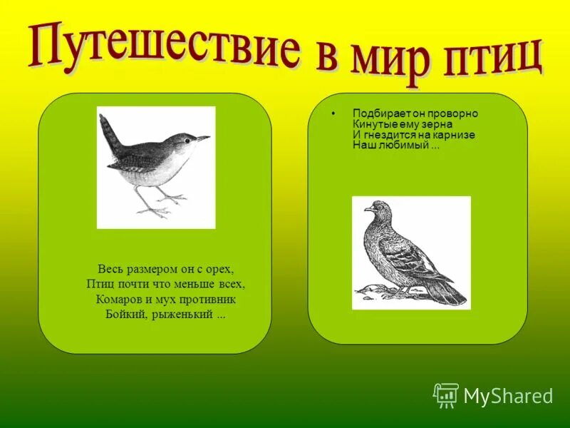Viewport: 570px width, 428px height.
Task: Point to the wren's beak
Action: (x=204, y=138)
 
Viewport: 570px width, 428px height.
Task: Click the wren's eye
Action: (x=188, y=141)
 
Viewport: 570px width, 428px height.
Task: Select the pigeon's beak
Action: (x=367, y=210)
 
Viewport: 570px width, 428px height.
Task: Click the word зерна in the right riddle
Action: (x=419, y=124)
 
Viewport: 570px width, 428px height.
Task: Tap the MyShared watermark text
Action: (x=508, y=396)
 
